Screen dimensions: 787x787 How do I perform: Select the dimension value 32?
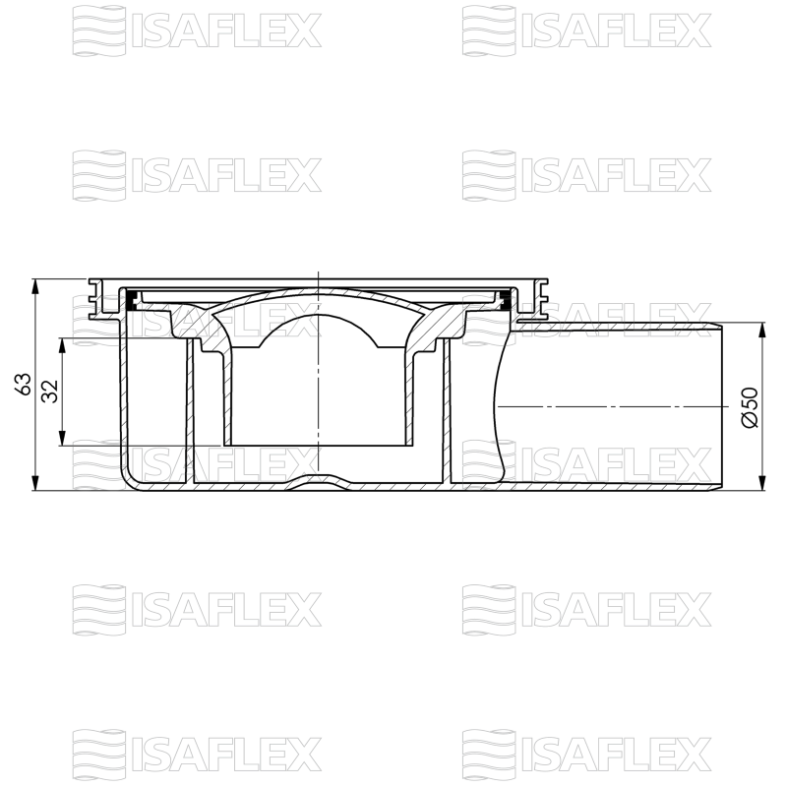tap(49, 391)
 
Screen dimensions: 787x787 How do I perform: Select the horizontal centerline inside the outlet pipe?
tap(610, 405)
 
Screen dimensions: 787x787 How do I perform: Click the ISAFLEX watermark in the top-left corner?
tap(197, 30)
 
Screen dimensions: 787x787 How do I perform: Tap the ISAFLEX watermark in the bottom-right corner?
tap(586, 754)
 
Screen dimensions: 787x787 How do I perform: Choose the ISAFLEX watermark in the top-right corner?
tap(586, 30)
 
